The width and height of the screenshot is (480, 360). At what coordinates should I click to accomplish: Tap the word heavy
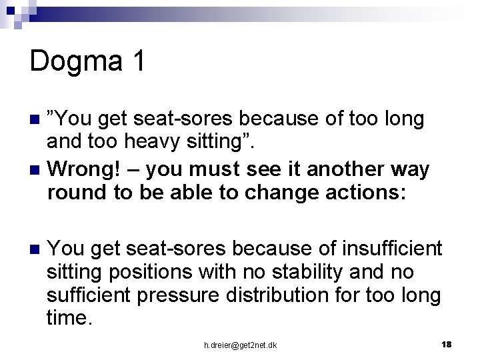149,141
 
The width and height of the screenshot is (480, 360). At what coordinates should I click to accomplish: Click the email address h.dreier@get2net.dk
240,345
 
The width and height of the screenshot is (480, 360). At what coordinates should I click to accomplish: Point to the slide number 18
446,344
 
